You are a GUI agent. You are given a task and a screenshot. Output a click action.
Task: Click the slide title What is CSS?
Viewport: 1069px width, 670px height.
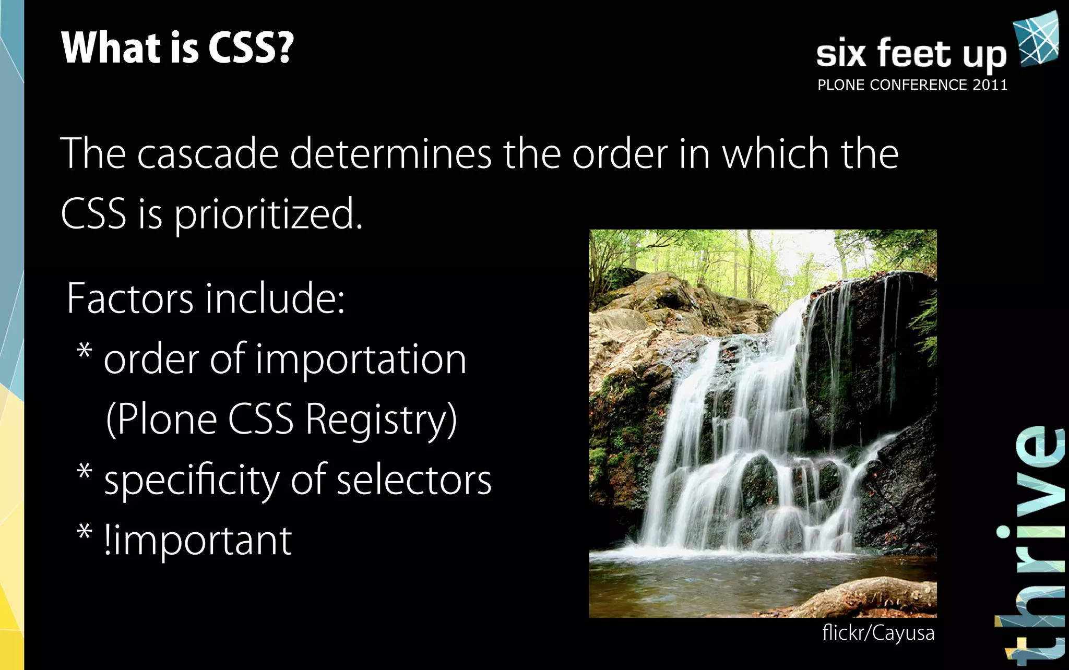point(177,48)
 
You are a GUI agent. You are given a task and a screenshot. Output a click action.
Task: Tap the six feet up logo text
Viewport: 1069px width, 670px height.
point(911,54)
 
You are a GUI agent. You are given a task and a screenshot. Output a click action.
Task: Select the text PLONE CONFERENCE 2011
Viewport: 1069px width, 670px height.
point(912,85)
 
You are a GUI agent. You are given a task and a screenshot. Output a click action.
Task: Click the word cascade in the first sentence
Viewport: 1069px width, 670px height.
point(208,154)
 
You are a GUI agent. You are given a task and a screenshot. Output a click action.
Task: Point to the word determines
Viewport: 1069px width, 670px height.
point(390,154)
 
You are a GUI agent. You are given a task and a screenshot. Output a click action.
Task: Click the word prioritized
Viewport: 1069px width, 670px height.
point(268,214)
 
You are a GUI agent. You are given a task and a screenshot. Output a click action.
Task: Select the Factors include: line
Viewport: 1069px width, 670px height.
point(206,298)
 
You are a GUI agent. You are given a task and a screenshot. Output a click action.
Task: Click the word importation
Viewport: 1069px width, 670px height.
point(361,360)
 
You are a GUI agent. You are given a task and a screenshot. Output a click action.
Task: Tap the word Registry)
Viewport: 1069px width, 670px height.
point(381,420)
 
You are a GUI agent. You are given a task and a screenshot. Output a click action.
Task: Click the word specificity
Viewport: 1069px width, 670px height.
point(192,481)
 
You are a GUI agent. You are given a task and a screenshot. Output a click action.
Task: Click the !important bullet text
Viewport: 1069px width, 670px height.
point(198,541)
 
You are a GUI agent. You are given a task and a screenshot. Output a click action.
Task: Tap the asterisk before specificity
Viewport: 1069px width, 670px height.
point(85,472)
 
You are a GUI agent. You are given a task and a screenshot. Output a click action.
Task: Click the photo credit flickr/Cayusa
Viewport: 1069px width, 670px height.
point(878,633)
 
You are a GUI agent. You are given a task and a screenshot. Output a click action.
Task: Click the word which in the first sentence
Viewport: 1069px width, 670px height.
point(776,154)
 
